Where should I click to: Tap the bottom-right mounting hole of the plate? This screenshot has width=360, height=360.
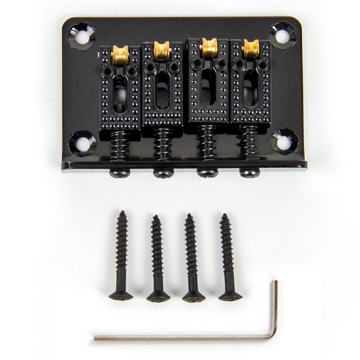(x=283, y=142)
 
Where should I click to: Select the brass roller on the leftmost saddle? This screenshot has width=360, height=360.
(x=120, y=54)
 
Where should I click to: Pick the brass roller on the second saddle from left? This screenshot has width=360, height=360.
(x=162, y=51)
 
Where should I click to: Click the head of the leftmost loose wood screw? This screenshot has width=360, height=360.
(x=121, y=296)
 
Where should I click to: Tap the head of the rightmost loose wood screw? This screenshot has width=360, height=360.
(x=230, y=295)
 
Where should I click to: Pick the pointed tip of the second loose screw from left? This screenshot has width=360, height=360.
(x=155, y=217)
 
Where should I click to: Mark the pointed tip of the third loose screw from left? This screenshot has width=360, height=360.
(x=189, y=215)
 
